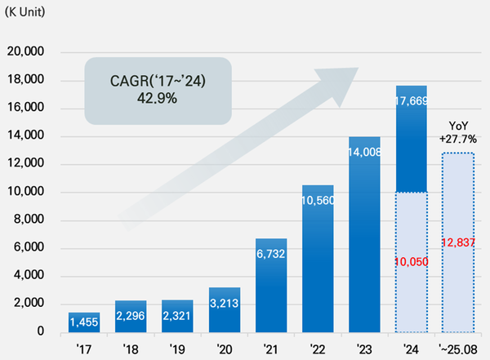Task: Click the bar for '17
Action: coord(85,322)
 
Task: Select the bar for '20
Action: coord(225,310)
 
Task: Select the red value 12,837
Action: coord(458,242)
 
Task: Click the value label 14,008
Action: coord(364,151)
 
